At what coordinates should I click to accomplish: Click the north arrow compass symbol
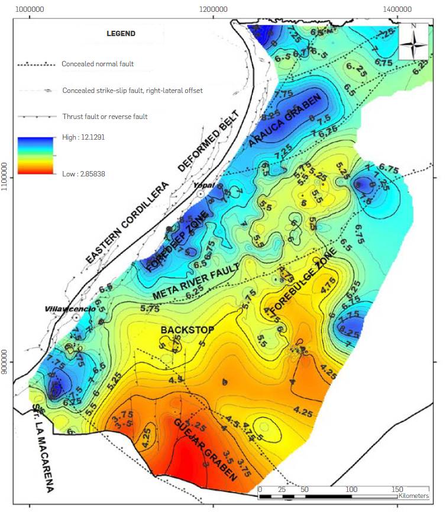point(413,41)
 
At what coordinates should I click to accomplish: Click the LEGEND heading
point(121,34)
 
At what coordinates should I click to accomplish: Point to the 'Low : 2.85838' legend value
point(83,174)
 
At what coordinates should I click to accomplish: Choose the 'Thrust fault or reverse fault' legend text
point(105,117)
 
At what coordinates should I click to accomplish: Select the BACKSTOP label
point(188,329)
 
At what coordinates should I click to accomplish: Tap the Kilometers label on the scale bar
point(413,496)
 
